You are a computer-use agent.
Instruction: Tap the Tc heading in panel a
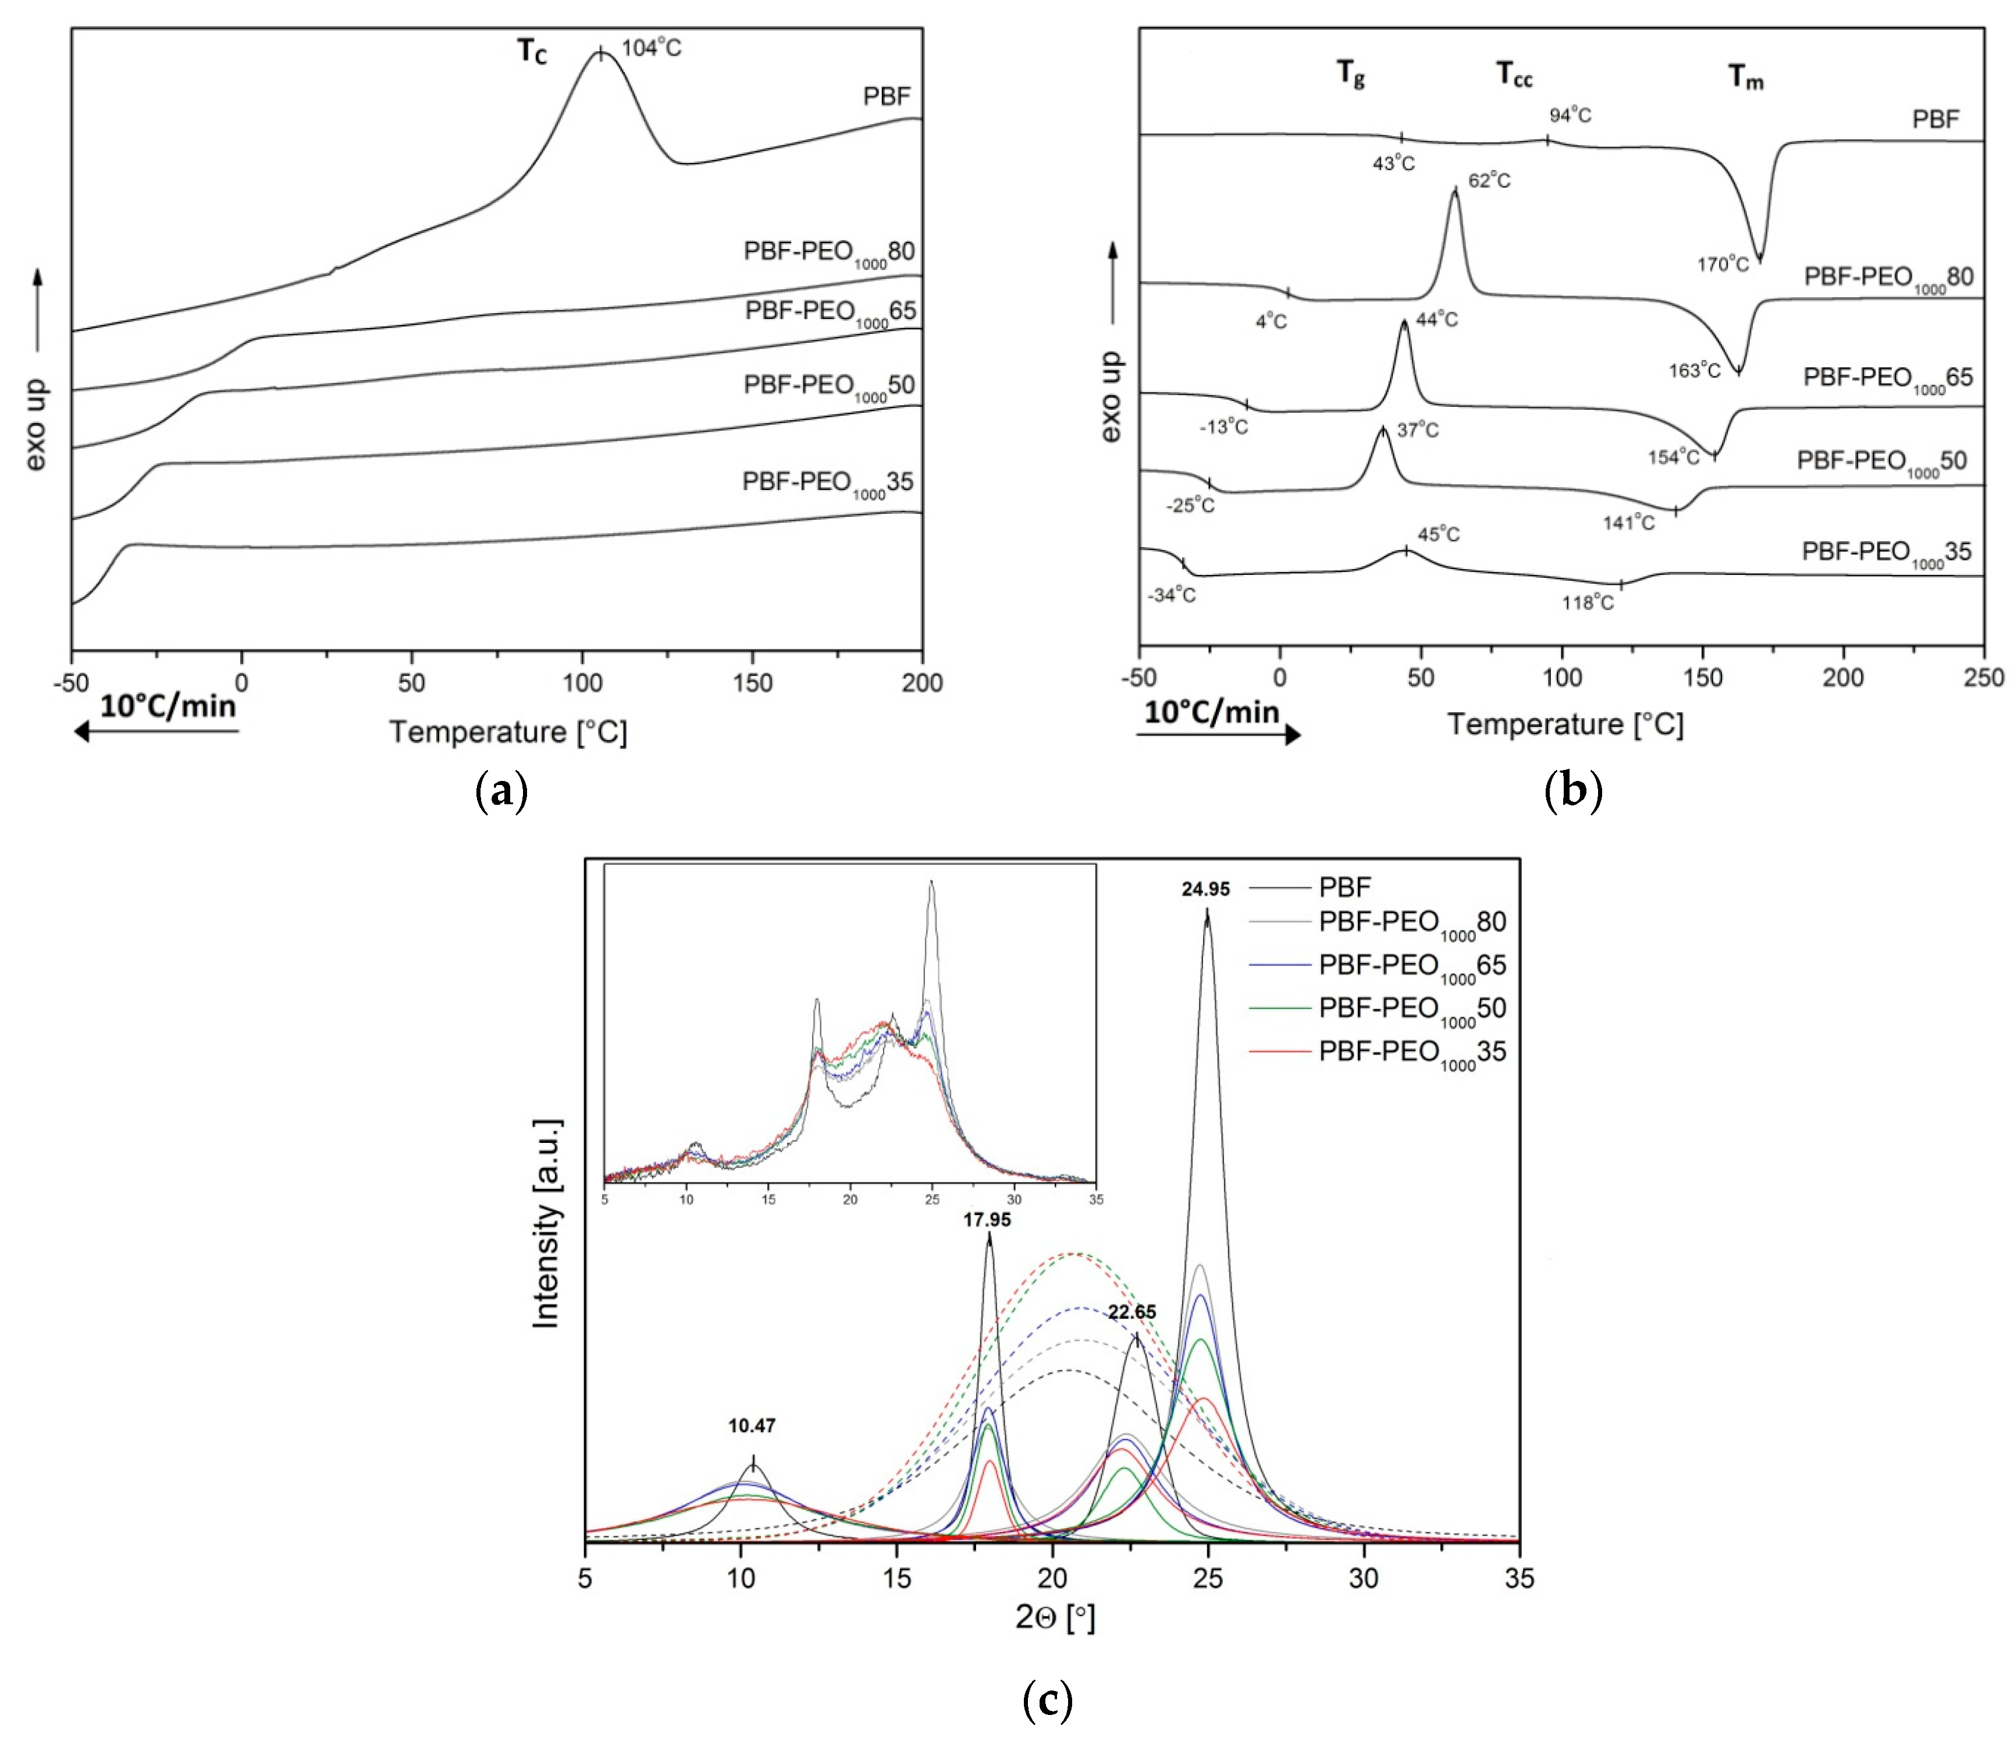[x=532, y=52]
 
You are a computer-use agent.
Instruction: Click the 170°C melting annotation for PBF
[x=1723, y=264]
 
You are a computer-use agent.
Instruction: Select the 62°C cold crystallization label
[x=1489, y=181]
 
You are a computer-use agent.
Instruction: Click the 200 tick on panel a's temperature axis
[x=921, y=683]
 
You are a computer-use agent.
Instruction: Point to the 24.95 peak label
[x=1205, y=889]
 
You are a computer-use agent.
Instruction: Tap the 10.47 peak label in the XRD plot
[x=752, y=1426]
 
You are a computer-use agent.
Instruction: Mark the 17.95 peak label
[x=987, y=1220]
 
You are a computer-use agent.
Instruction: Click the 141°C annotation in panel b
[x=1628, y=523]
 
